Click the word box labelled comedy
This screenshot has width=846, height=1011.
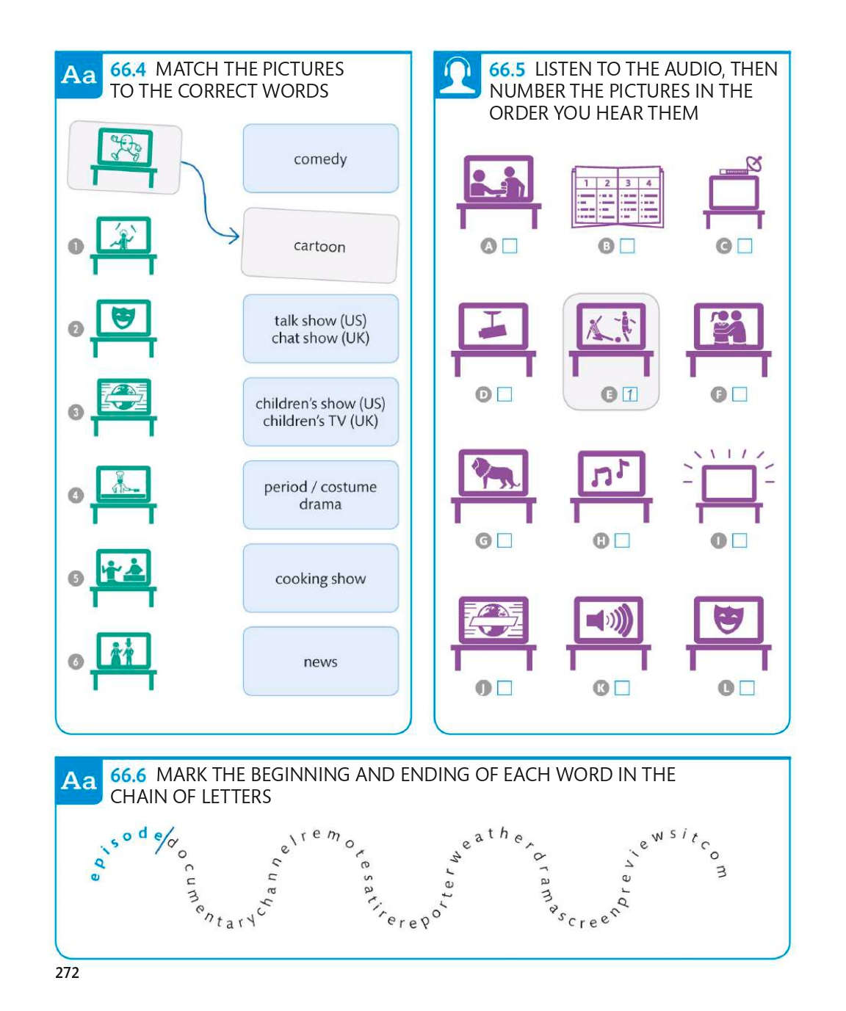[x=320, y=159]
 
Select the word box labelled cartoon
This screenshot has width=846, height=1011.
[x=319, y=246]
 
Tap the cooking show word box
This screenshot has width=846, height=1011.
[x=320, y=579]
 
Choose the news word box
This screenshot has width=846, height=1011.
[x=320, y=662]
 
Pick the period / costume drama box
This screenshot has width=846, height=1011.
[x=320, y=495]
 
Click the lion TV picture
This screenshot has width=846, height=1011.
[x=493, y=475]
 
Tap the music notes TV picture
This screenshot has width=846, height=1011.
[x=611, y=475]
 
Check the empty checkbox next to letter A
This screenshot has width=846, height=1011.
[x=510, y=246]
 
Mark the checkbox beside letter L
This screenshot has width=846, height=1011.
[x=747, y=688]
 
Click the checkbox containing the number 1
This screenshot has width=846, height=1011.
[x=629, y=394]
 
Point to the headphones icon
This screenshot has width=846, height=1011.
[x=457, y=75]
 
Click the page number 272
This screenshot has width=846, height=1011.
[x=67, y=973]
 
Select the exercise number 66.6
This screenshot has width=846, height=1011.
[x=128, y=775]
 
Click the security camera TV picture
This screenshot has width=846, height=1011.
[x=493, y=327]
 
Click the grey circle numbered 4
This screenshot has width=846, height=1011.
[x=76, y=496]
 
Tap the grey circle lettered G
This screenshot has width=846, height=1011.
[x=483, y=541]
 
